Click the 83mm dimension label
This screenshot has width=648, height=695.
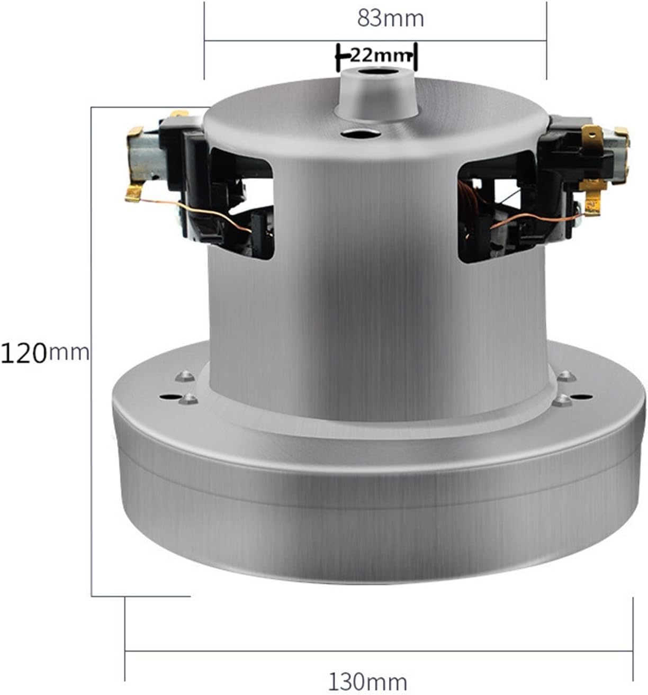[390, 19]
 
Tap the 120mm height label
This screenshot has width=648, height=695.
[44, 353]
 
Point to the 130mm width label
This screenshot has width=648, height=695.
[368, 681]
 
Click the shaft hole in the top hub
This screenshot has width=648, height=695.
[375, 72]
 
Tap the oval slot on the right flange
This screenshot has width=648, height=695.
[580, 396]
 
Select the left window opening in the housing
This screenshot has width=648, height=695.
[241, 201]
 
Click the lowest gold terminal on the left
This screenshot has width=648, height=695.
[134, 193]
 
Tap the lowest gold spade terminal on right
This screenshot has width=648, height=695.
[592, 204]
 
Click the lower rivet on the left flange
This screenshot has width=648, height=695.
[188, 400]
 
